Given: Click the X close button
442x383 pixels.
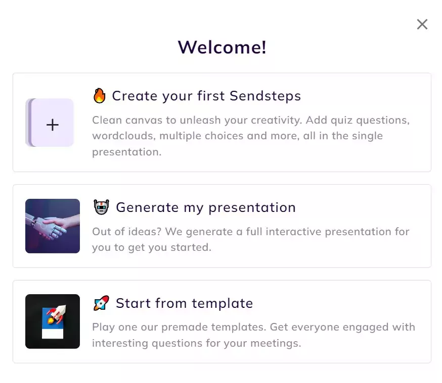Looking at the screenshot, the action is pos(422,24).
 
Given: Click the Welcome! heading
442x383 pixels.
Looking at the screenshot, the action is pos(222,47).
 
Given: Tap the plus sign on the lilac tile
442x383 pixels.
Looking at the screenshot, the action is pos(53,125).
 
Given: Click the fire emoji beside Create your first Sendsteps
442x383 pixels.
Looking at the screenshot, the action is pos(100,95).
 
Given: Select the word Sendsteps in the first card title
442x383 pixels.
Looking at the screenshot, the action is pos(266,96).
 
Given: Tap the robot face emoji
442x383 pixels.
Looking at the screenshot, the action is pos(101,207).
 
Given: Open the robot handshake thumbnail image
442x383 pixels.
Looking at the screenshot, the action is pos(53,226).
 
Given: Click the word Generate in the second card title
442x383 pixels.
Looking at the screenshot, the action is pos(147,207).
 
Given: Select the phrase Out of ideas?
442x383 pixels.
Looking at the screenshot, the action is pos(126,232).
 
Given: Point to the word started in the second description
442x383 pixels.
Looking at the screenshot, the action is pos(191,247).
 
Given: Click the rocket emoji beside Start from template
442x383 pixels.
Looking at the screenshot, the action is pos(101,303).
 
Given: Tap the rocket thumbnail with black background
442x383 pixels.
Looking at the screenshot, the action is pos(53,321).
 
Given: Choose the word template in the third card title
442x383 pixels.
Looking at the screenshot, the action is pos(223,303).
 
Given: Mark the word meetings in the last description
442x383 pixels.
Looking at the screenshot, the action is pos(276,343).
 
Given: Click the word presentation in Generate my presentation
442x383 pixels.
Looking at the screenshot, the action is pos(252,208).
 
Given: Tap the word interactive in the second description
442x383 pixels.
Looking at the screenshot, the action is pos(294,232).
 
